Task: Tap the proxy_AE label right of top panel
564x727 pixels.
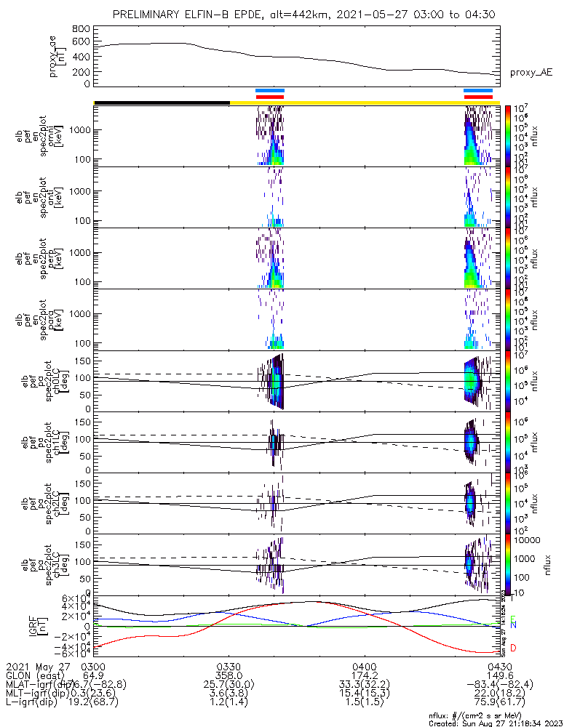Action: [531, 72]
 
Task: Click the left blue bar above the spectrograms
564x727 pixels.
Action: [270, 91]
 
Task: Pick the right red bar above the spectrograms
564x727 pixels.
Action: [478, 97]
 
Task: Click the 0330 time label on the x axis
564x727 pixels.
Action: [229, 665]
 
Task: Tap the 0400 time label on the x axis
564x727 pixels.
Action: [364, 665]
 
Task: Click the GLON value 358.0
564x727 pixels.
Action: [229, 675]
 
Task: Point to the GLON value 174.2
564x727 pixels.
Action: [364, 675]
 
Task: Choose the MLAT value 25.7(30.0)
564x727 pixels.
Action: [229, 684]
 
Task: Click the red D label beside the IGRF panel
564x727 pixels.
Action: [513, 648]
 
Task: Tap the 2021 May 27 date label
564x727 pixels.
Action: [33, 665]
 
